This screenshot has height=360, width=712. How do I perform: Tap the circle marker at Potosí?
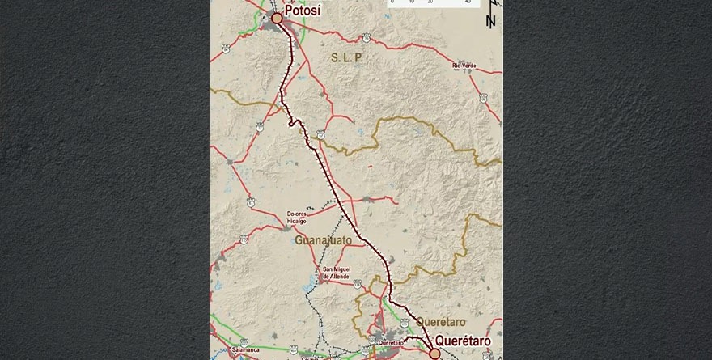(x=277, y=17)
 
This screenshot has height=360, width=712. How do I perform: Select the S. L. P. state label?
(x=348, y=58)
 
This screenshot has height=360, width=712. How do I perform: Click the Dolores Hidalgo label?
(x=301, y=218)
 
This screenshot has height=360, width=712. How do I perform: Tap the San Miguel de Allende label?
(x=336, y=273)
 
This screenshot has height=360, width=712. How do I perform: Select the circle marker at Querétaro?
(x=434, y=354)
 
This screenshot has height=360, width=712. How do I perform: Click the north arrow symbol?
(x=490, y=20)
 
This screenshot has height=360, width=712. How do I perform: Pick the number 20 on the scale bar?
(x=430, y=2)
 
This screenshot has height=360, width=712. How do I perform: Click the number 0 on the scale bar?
(x=392, y=2)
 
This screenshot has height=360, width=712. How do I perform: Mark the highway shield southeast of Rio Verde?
(x=483, y=98)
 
